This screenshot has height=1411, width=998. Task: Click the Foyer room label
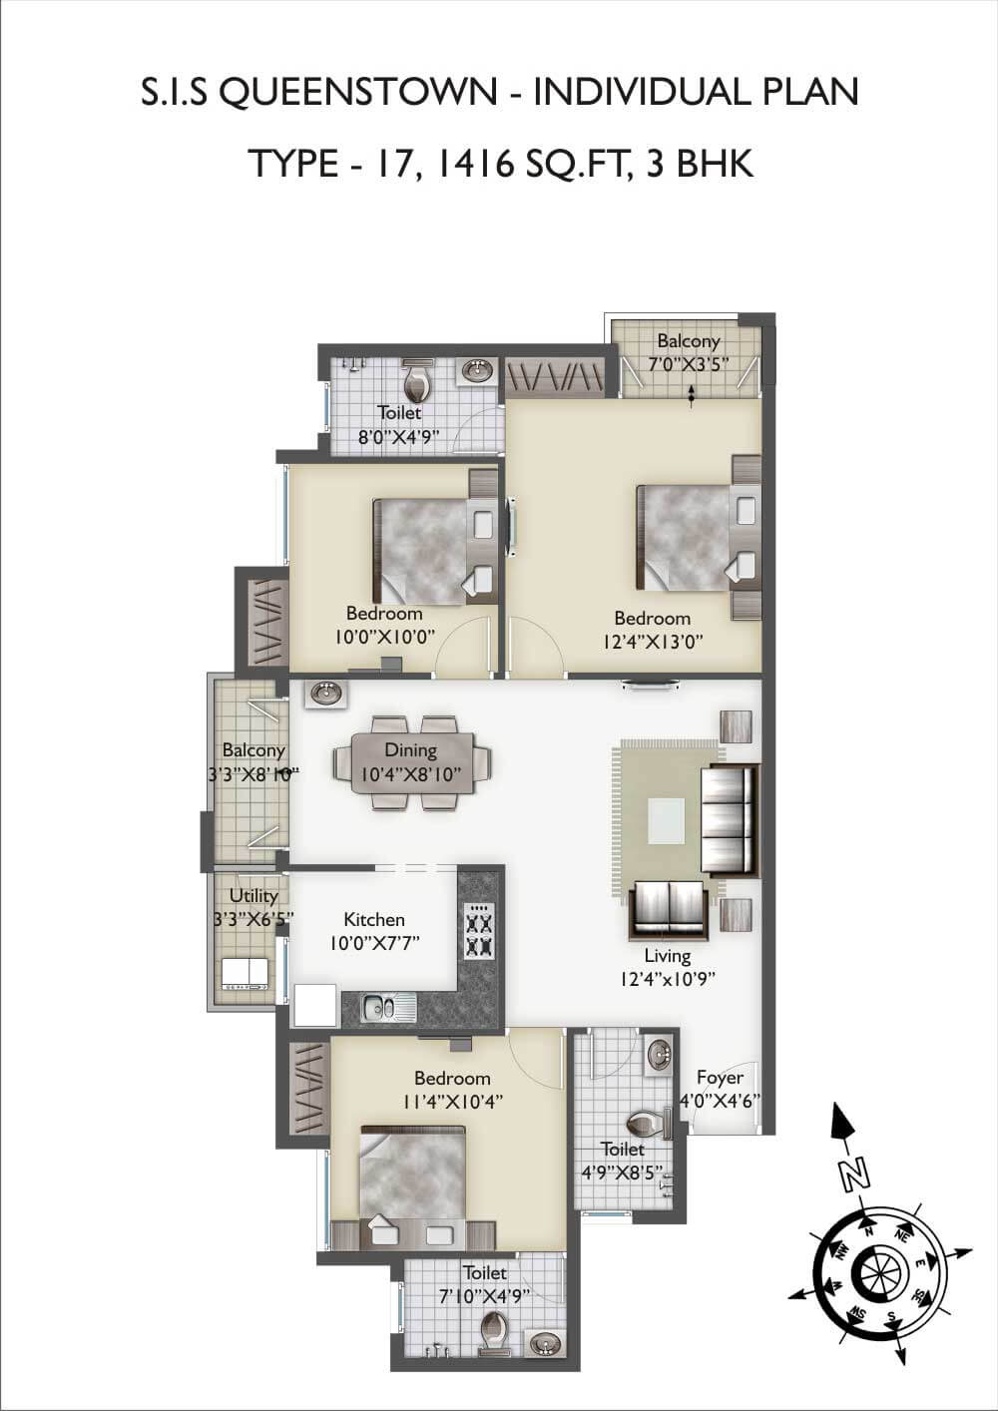[720, 1078]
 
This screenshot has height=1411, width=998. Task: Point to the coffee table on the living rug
[666, 821]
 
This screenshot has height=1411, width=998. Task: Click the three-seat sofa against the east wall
[729, 818]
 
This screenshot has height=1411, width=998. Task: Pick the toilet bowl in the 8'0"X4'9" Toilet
[416, 381]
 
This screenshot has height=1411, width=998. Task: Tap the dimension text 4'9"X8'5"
[622, 1173]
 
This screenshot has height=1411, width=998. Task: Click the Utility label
[253, 895]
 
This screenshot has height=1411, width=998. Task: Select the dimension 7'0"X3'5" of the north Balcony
[688, 363]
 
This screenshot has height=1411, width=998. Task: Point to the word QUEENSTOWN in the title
[356, 93]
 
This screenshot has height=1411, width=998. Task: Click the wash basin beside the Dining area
[324, 693]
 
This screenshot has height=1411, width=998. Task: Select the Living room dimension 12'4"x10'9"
[667, 979]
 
